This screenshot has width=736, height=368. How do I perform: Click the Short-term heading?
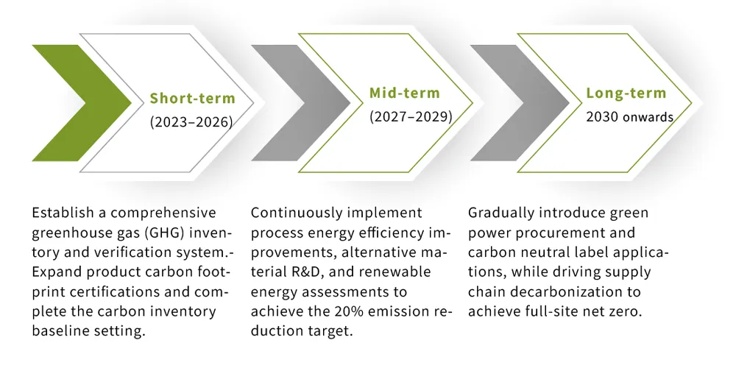tap(193, 99)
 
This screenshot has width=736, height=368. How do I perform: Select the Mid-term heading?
tap(404, 93)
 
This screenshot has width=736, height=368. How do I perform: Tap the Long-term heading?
tap(626, 93)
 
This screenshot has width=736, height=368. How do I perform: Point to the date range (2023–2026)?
tap(191, 122)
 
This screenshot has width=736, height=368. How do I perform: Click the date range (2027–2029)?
tap(410, 116)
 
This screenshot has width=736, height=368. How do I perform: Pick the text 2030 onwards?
tap(629, 116)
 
